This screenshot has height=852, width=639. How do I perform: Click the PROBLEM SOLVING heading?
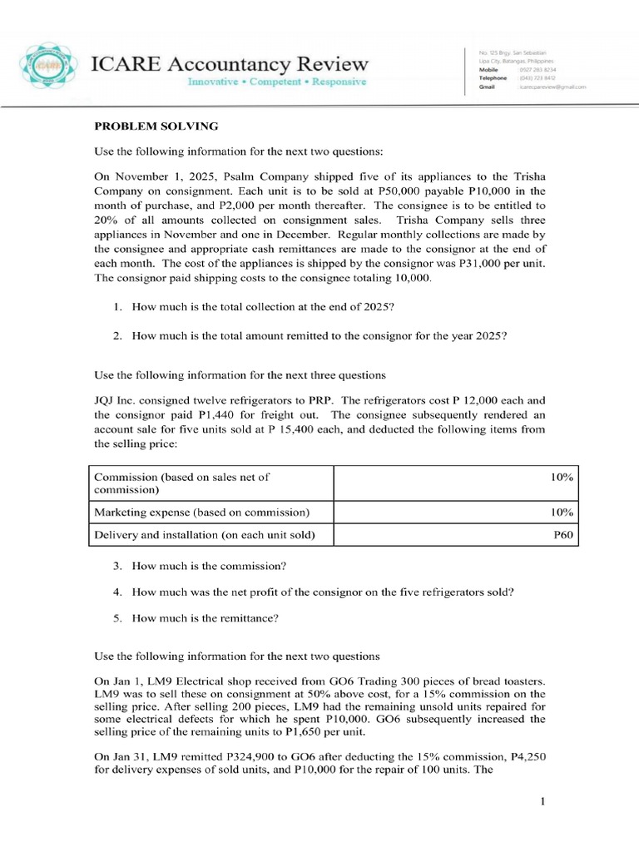tap(156, 126)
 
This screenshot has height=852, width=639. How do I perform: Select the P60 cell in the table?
tap(563, 535)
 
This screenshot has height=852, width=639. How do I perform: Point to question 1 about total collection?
tap(263, 306)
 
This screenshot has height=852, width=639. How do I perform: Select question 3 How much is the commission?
tap(209, 566)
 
